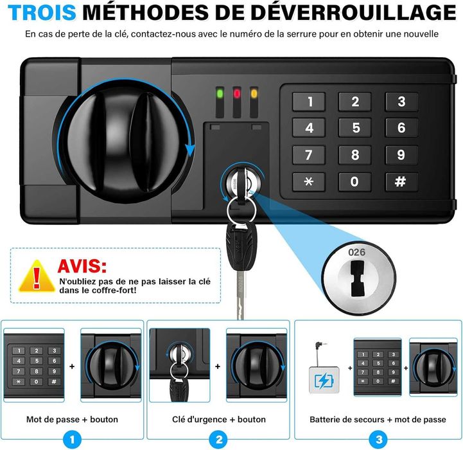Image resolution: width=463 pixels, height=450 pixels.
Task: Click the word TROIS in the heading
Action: click(x=42, y=13)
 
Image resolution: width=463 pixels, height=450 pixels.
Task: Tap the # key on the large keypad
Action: click(x=401, y=181)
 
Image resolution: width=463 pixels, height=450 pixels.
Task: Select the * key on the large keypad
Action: click(x=309, y=181)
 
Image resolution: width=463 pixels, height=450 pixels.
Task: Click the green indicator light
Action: click(x=220, y=94)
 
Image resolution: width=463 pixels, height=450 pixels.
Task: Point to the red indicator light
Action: click(x=237, y=94)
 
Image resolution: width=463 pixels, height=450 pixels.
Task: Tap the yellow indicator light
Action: click(x=254, y=94)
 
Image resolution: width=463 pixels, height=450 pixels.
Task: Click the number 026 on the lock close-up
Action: click(x=356, y=252)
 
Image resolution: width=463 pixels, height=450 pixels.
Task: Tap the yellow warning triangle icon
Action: click(x=37, y=276)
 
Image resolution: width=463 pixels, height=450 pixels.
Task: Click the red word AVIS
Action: click(x=82, y=265)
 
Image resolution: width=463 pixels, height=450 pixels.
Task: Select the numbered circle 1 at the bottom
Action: click(x=72, y=440)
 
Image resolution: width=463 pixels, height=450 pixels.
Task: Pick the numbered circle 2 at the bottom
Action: click(x=219, y=440)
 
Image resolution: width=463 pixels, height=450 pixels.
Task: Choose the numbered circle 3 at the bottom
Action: click(x=379, y=440)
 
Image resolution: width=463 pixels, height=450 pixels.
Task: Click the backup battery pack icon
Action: click(x=324, y=380)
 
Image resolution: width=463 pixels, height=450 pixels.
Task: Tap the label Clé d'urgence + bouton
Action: click(x=219, y=419)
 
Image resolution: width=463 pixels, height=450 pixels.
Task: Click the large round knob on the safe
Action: click(x=124, y=142)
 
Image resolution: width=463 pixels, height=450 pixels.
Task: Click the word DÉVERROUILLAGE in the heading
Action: click(x=354, y=13)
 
